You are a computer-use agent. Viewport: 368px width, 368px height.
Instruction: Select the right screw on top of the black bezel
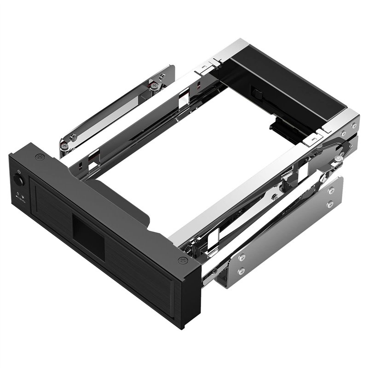click(x=180, y=261)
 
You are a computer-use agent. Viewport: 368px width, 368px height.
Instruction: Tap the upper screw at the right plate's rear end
click(x=331, y=190)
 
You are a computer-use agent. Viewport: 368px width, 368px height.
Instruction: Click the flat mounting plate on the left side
click(x=115, y=110)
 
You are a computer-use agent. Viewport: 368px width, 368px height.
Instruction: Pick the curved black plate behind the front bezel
click(x=120, y=202)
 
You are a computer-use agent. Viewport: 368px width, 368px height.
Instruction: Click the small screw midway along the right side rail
click(x=274, y=196)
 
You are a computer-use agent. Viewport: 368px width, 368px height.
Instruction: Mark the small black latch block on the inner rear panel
click(x=258, y=92)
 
